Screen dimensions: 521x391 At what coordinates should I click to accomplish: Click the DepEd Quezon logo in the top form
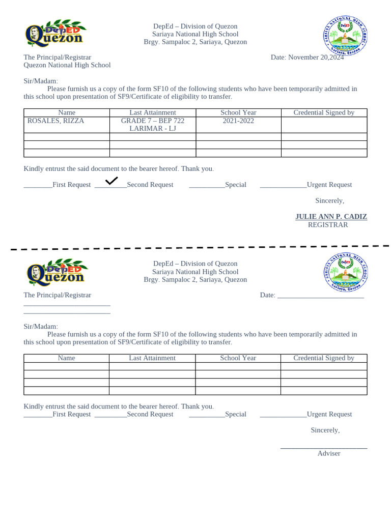pos(55,34)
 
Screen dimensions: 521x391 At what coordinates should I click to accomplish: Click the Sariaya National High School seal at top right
pos(345,34)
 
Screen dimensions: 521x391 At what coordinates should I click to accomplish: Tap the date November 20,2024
pos(307,57)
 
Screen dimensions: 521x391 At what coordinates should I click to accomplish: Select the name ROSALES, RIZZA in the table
pos(55,121)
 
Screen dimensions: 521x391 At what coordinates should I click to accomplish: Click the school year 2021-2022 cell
pos(238,121)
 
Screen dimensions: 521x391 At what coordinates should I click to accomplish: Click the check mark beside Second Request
pos(111,181)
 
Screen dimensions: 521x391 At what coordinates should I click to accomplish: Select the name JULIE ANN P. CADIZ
pos(331,217)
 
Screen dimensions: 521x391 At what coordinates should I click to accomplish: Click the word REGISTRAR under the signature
pos(328,225)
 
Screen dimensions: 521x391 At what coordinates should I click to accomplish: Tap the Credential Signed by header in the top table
pos(324,113)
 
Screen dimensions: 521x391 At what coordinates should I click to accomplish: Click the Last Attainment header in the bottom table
pos(152,358)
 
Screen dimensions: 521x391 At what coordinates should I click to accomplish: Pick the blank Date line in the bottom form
pos(320,296)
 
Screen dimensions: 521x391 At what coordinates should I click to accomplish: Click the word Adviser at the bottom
pos(329,453)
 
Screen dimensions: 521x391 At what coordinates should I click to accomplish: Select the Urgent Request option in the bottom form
pos(329,414)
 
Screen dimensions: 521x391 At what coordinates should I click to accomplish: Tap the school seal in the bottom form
pos(345,272)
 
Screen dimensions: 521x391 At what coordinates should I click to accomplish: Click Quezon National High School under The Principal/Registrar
pos(67,65)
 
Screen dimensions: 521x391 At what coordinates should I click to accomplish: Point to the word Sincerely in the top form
pos(329,201)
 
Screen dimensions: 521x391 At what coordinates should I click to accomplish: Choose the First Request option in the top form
pos(71,185)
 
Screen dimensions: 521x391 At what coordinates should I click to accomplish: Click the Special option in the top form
pos(235,185)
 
